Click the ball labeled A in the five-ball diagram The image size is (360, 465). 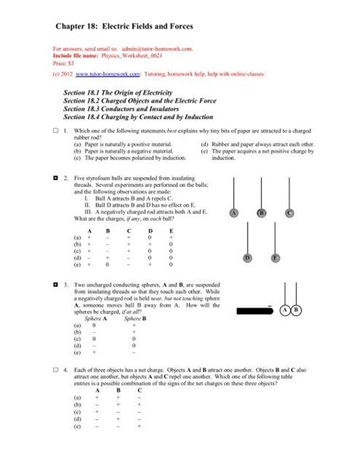[x=234, y=214]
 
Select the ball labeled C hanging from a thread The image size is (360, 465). [x=289, y=214]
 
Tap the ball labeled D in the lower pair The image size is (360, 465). [x=248, y=259]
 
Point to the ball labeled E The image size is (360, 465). [x=275, y=259]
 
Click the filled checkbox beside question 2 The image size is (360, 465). [x=55, y=176]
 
